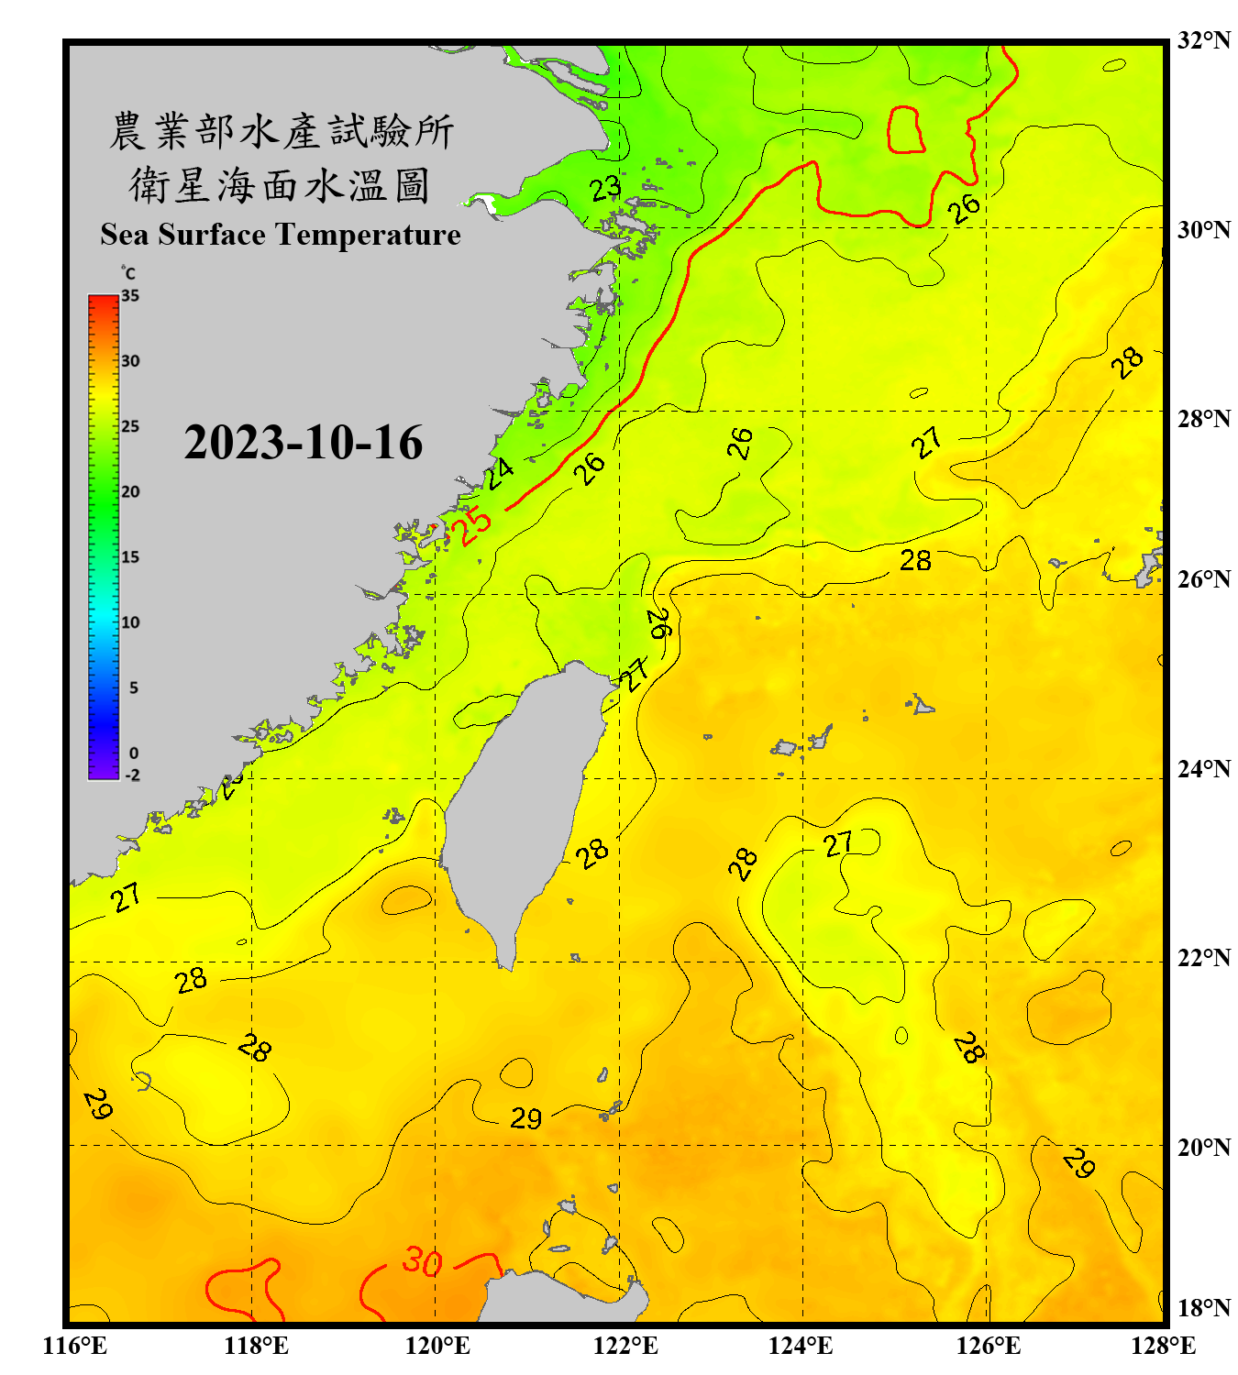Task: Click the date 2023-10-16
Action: (x=303, y=443)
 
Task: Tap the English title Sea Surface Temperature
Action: (x=281, y=235)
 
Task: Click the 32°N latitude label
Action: (x=1203, y=40)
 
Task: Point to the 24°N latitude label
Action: (x=1203, y=768)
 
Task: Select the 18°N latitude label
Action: (x=1203, y=1307)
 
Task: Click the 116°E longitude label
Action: (x=75, y=1346)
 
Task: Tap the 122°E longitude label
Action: (x=625, y=1346)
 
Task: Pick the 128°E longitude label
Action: (x=1163, y=1346)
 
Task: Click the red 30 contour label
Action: (x=423, y=1262)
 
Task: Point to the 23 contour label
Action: (x=605, y=189)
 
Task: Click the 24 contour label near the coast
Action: (x=500, y=473)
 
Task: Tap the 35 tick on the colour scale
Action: (x=130, y=296)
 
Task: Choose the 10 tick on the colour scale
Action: (x=130, y=622)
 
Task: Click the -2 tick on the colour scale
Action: (x=132, y=775)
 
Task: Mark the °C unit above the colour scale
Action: (x=128, y=273)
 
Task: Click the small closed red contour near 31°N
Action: (x=905, y=129)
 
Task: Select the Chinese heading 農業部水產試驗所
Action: (x=281, y=131)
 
